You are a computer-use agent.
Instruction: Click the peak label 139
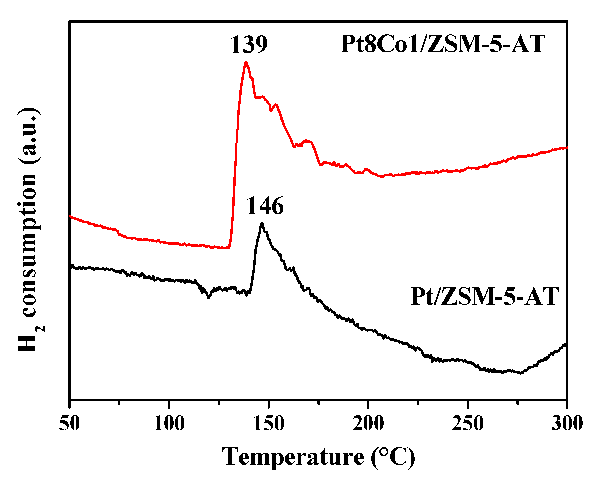point(248,45)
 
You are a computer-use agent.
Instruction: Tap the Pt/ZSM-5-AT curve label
point(485,297)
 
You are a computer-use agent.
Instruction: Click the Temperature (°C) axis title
point(318,457)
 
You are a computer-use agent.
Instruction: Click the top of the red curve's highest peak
point(246,63)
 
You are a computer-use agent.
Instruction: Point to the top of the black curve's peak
point(262,224)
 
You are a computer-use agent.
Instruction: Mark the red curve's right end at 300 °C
point(566,147)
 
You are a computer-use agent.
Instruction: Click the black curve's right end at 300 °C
point(566,344)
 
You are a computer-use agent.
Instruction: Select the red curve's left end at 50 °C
point(70,216)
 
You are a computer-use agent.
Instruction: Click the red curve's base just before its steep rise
point(228,248)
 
